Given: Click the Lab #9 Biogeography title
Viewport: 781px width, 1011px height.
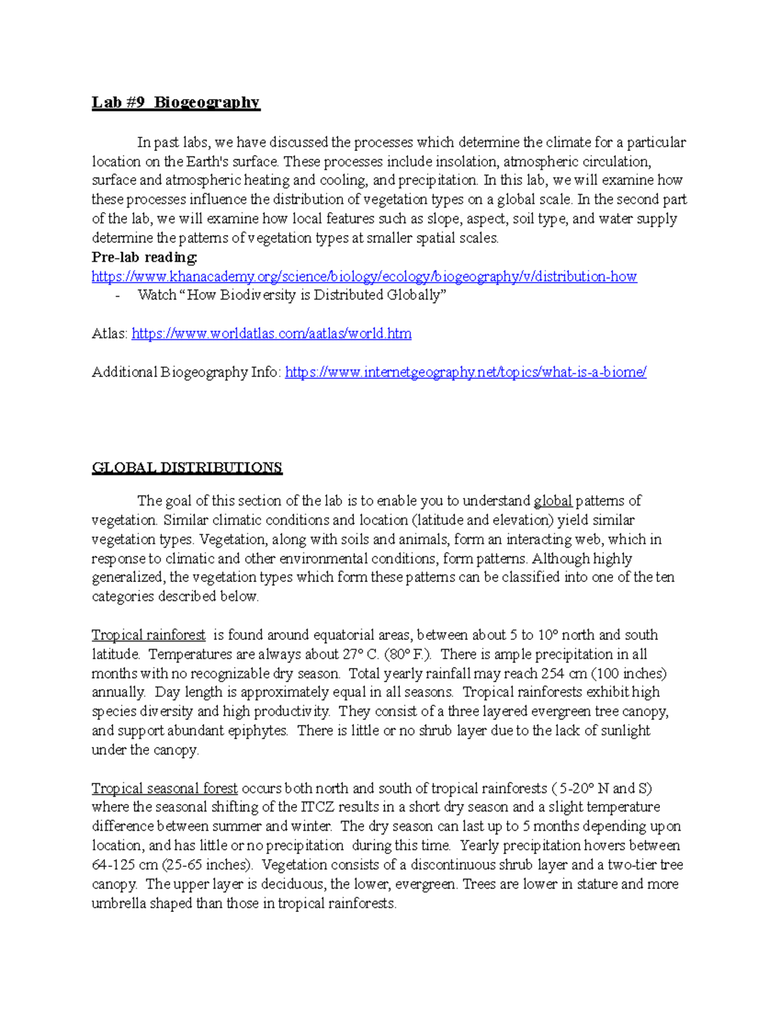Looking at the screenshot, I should (x=176, y=103).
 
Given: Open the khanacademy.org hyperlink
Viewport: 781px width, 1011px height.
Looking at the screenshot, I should (x=364, y=277).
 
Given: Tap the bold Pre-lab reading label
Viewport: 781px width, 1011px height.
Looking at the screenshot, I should (x=144, y=257).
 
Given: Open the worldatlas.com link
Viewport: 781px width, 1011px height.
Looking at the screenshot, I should (x=271, y=334).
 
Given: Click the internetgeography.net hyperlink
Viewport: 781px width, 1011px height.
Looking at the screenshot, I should (x=465, y=372).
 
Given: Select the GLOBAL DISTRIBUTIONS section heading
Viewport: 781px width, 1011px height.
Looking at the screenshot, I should (x=187, y=468).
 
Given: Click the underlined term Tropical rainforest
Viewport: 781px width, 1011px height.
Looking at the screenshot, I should (x=148, y=635).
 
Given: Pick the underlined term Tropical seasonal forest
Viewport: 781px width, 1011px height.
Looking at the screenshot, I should (x=165, y=788).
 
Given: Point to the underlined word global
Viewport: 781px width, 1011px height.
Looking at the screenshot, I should (x=553, y=501).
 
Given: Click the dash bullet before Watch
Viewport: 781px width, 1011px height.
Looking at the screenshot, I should (x=117, y=296).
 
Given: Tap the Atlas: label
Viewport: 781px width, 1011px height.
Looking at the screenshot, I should (x=109, y=334).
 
